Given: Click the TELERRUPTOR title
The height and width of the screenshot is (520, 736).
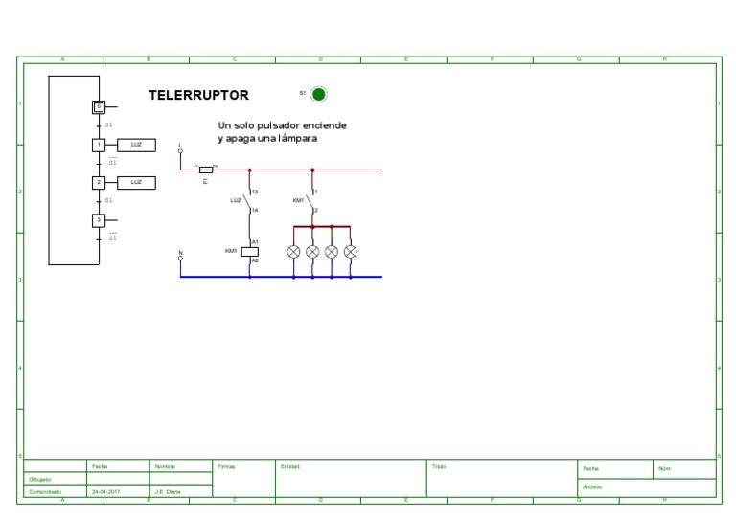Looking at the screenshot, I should tap(198, 96).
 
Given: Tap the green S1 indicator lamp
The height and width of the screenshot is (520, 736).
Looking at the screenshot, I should tap(319, 94).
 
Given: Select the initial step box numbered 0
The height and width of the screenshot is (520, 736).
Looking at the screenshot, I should tap(98, 107).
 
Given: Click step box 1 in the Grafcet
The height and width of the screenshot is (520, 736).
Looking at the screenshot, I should tap(98, 145).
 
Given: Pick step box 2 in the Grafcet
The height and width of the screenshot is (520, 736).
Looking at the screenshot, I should tap(98, 182).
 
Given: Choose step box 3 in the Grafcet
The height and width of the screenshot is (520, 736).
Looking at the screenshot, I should tap(98, 220).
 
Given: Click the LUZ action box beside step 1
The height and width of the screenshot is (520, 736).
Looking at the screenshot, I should tap(135, 145).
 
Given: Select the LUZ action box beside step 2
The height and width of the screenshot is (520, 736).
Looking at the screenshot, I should tap(135, 182).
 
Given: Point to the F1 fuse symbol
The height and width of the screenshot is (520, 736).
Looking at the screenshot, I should tap(205, 169).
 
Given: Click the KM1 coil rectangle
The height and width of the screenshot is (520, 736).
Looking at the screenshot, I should tap(249, 252).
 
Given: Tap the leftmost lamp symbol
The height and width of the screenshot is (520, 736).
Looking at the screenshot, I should tap(294, 252).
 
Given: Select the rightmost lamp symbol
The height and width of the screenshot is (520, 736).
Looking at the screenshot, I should tap(350, 252).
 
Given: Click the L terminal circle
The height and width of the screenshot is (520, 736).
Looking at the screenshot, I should tap(180, 151).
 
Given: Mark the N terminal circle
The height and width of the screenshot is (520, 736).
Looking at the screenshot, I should tap(180, 258).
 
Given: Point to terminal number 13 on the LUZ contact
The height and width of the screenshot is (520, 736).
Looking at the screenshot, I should tap(255, 192).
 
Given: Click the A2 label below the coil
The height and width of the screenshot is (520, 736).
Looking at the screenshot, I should tap(255, 260).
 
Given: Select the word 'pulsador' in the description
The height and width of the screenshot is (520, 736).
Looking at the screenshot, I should tap(279, 125).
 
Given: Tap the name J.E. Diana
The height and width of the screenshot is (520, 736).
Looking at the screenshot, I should tap(168, 492).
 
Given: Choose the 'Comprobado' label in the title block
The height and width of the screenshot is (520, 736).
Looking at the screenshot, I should tap(45, 492).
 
